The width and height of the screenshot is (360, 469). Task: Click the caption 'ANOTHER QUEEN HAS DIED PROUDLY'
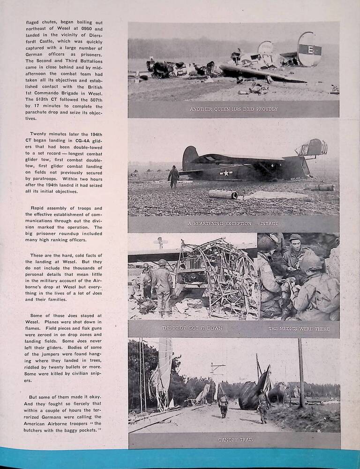point(233,109)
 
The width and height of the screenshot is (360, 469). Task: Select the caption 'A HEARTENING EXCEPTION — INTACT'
point(233,224)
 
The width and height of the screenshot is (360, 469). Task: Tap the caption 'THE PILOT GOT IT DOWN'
point(185,328)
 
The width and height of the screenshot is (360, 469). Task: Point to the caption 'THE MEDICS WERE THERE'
point(299,328)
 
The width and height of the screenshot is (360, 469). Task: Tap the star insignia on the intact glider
point(226,173)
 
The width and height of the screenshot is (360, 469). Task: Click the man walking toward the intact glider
point(174,177)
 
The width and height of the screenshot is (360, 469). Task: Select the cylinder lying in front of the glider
point(223,194)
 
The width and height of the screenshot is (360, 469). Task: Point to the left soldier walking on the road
point(223,405)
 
